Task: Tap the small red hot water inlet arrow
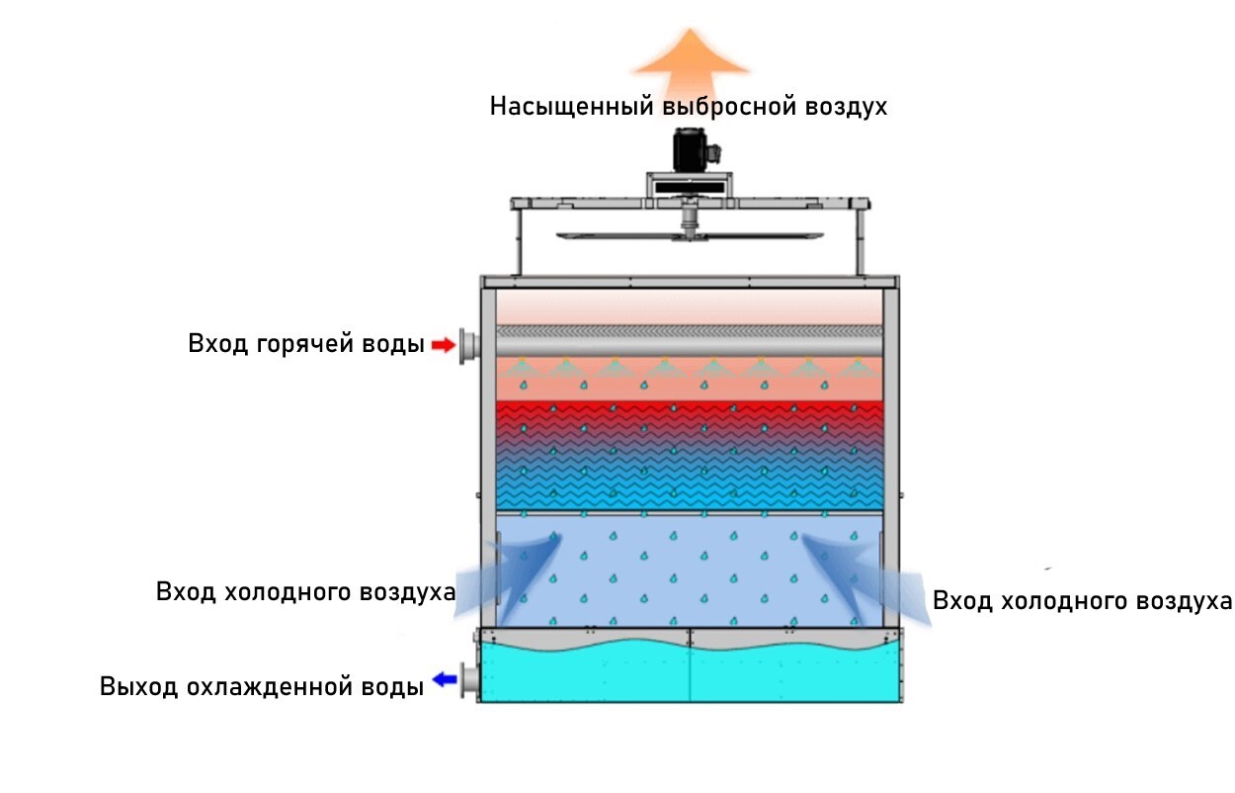pos(442,345)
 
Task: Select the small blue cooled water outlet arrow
pos(443,680)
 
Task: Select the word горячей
pos(310,345)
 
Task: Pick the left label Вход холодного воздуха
pos(305,592)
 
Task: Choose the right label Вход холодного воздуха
pos(1082,601)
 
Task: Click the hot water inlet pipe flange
pos(467,346)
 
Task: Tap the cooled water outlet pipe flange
pos(467,680)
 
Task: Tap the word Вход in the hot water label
pos(217,345)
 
